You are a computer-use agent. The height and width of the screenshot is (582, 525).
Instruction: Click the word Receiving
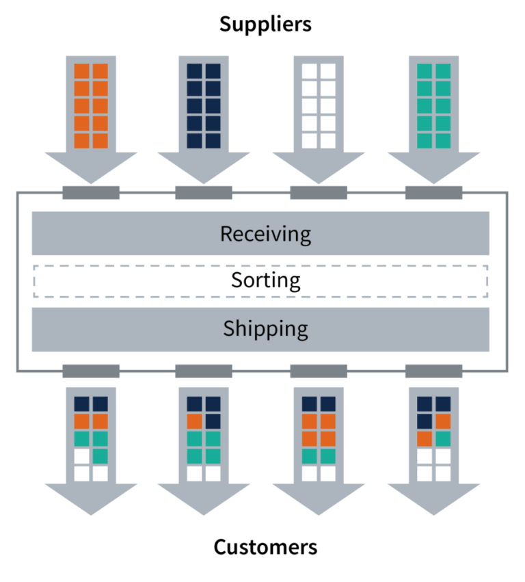[x=265, y=234]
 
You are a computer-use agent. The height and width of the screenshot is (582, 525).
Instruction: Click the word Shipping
[x=265, y=329]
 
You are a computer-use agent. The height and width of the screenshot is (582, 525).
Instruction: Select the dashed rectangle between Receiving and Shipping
[x=260, y=281]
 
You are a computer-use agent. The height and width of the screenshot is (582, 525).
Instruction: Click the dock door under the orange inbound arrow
[x=91, y=193]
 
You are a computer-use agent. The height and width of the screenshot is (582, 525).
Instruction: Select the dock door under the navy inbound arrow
[x=204, y=193]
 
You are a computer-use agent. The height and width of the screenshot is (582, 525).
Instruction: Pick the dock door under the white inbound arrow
[x=319, y=193]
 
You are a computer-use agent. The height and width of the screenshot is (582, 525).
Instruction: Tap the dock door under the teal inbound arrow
[x=433, y=193]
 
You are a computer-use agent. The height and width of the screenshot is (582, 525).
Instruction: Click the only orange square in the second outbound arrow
[x=194, y=421]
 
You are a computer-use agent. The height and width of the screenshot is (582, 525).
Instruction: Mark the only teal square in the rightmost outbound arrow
[x=443, y=438]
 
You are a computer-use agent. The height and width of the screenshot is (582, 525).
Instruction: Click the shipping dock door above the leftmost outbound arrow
[x=91, y=371]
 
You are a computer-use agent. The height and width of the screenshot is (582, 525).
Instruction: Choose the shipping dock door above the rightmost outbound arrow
[x=433, y=371]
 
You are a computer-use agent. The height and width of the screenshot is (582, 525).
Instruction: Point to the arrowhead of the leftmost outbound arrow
[x=91, y=497]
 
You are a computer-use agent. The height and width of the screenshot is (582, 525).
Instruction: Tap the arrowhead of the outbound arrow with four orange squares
[x=319, y=497]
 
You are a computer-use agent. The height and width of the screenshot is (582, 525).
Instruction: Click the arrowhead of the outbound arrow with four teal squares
[x=204, y=497]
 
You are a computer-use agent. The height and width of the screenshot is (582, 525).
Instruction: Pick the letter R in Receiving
[x=227, y=234]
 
